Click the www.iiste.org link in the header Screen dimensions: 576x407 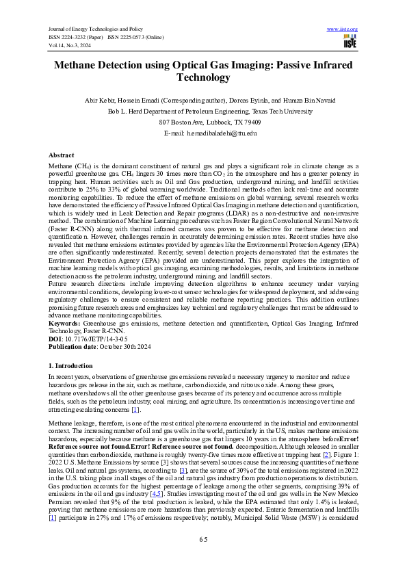pos(343,29)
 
